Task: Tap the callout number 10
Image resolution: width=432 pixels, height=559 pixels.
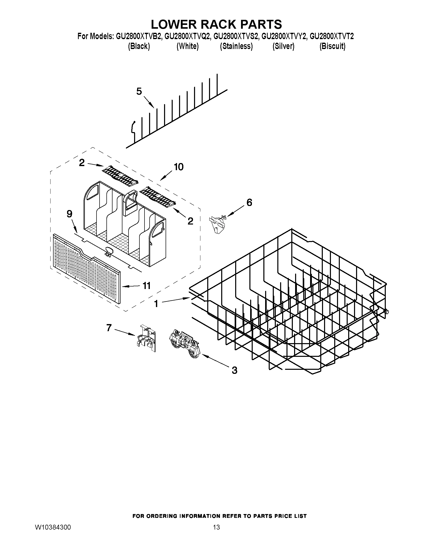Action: (x=179, y=167)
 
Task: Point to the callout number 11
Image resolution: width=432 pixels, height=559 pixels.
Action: (x=146, y=286)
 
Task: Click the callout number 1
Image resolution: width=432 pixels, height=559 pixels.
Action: (x=156, y=304)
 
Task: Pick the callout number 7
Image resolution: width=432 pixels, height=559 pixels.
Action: (x=109, y=328)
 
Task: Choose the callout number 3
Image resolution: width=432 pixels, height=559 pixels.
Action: (x=234, y=370)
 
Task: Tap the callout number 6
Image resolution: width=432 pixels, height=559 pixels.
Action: (x=249, y=202)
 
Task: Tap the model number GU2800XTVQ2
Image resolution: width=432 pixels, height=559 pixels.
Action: (x=188, y=37)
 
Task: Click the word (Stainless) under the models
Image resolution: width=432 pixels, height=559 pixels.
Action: (x=236, y=46)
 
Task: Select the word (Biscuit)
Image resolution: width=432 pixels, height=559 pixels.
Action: (x=332, y=46)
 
